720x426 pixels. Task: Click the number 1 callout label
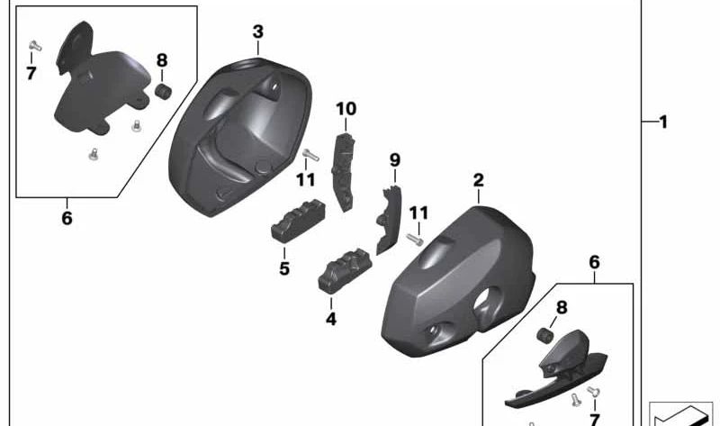[x=663, y=122]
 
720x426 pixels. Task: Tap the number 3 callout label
[x=257, y=32]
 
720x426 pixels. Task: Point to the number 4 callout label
[x=331, y=319]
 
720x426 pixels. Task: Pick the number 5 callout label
[x=284, y=268]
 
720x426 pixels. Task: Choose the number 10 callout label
[x=346, y=110]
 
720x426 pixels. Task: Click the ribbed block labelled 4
[x=343, y=267]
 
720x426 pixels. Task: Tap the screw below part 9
[x=415, y=240]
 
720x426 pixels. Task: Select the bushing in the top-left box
[x=164, y=93]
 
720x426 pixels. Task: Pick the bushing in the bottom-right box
[x=543, y=336]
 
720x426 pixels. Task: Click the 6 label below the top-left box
[x=67, y=219]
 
